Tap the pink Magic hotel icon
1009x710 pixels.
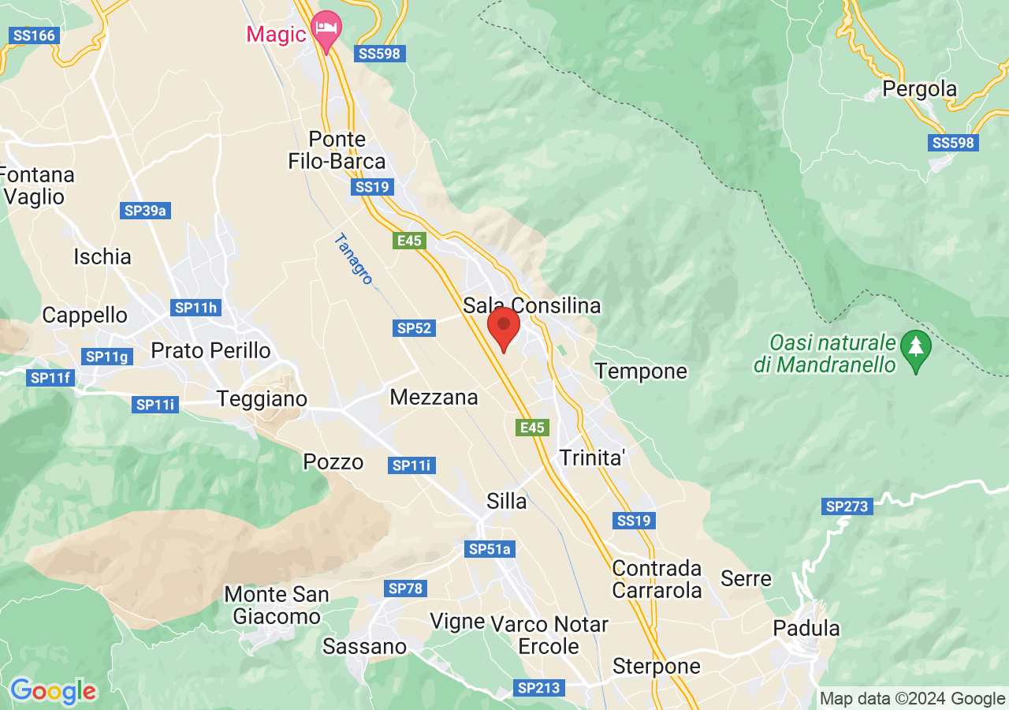pyautogui.click(x=326, y=28)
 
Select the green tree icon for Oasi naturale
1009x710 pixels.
pyautogui.click(x=915, y=346)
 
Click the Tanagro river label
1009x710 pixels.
pyautogui.click(x=352, y=260)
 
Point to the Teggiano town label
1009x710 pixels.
pyautogui.click(x=262, y=398)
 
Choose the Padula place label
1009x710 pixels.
pyautogui.click(x=806, y=629)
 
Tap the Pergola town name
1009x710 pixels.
pyautogui.click(x=919, y=89)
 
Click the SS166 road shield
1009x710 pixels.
pyautogui.click(x=33, y=35)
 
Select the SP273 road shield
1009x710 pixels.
pyautogui.click(x=847, y=506)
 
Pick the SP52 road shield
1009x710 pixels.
pyautogui.click(x=415, y=328)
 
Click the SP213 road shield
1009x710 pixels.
pyautogui.click(x=539, y=688)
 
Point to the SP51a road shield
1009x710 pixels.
pyautogui.click(x=490, y=549)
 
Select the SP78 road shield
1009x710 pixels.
pyautogui.click(x=406, y=589)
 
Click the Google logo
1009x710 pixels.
pyautogui.click(x=54, y=692)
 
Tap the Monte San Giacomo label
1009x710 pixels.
pyautogui.click(x=277, y=605)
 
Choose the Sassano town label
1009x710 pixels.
pyautogui.click(x=365, y=647)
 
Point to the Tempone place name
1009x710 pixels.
pyautogui.click(x=641, y=371)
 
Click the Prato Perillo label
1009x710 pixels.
pyautogui.click(x=210, y=350)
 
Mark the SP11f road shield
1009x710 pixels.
pyautogui.click(x=51, y=378)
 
